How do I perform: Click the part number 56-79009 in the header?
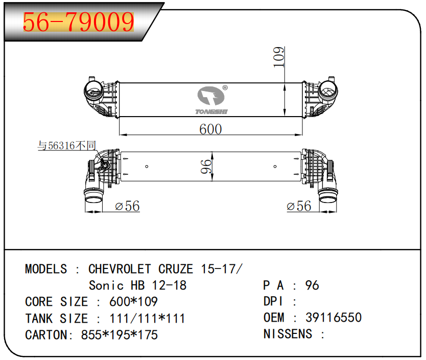tap(79, 22)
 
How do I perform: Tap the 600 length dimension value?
tap(210, 129)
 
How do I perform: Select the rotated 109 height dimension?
tap(279, 57)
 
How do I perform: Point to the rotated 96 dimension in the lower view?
tap(206, 167)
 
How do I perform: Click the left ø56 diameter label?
tap(127, 206)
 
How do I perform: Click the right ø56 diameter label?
tap(299, 206)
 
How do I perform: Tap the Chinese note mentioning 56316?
tap(67, 145)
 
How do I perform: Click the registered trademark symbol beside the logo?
tap(225, 88)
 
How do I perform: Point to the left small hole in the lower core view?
tap(147, 166)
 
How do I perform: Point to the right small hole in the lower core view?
tap(275, 166)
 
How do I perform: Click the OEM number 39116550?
tap(334, 318)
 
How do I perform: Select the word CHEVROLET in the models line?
tap(120, 269)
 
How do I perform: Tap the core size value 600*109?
tap(133, 302)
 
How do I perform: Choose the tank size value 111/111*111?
tap(147, 319)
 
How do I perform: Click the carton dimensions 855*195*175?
tap(119, 335)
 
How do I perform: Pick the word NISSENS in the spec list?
tap(288, 334)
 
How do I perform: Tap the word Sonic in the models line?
tap(106, 285)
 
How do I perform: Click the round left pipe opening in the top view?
tap(93, 91)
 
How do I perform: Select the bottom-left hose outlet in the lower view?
tap(94, 197)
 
